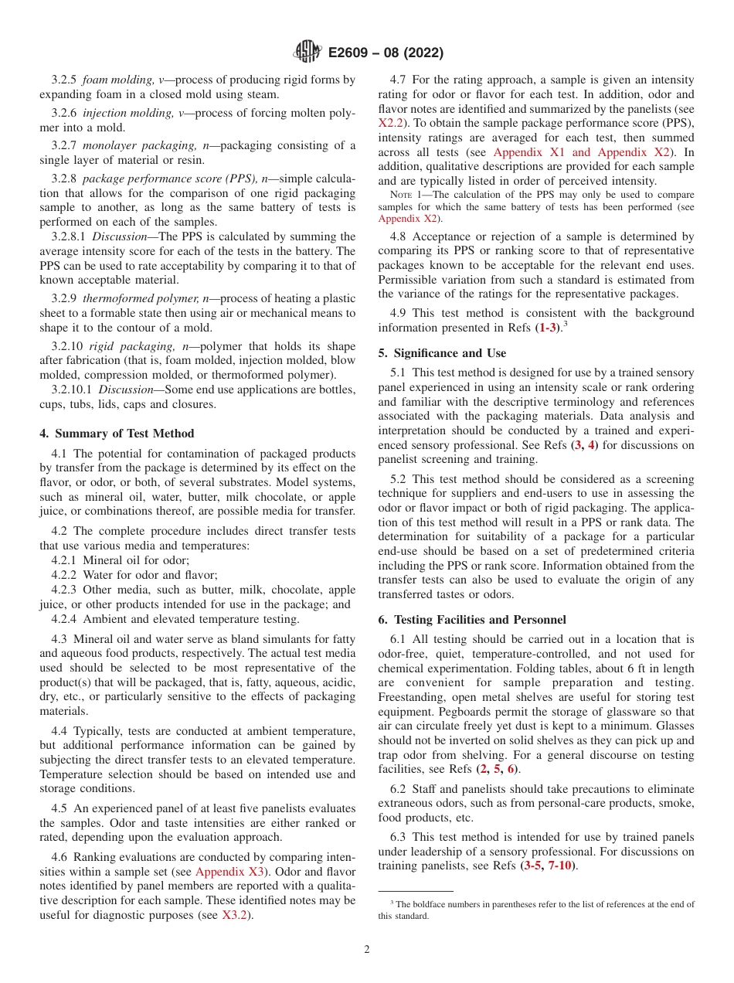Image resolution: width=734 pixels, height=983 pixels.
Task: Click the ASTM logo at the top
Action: coord(308,53)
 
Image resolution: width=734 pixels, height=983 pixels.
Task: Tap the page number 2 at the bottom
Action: coord(367,950)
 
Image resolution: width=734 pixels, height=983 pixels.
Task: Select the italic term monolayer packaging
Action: coord(136,145)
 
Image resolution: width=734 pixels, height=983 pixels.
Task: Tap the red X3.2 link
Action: coord(236,916)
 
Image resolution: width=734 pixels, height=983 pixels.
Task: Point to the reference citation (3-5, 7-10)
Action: coord(550,866)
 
